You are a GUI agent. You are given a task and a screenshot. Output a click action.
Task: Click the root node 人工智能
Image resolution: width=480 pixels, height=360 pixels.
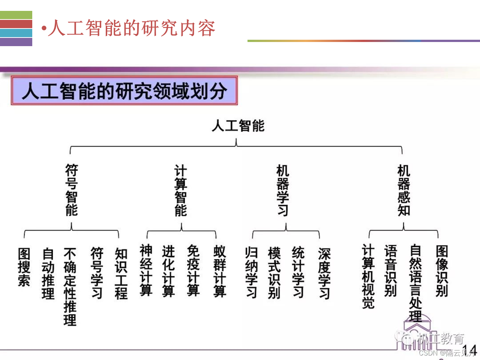[238, 126]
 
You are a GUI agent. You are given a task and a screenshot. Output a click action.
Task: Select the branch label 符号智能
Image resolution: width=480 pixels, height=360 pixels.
[71, 190]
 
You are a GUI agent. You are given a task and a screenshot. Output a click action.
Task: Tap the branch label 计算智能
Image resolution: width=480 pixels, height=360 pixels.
[181, 190]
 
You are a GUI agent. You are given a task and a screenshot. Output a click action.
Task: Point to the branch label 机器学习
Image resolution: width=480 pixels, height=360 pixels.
[283, 190]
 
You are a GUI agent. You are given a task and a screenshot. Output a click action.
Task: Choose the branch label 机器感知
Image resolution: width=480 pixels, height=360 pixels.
[404, 190]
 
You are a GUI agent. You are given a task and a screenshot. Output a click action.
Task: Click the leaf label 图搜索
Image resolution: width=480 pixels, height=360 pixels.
[24, 267]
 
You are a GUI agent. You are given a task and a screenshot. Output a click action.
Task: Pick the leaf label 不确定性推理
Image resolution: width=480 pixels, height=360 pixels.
[70, 286]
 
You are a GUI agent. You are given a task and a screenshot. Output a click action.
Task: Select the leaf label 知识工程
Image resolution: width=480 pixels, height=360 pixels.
[121, 273]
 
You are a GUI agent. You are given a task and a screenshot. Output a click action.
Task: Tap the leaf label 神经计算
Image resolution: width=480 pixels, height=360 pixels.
[146, 270]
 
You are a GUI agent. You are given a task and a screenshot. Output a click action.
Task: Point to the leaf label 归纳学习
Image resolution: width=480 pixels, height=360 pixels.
[251, 272]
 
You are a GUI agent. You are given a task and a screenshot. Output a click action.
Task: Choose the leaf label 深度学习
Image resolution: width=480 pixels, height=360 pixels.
[324, 273]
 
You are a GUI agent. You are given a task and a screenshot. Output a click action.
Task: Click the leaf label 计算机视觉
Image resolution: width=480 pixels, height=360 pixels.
[368, 276]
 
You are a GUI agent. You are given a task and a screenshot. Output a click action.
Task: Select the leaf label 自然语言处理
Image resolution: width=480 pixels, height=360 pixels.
[415, 283]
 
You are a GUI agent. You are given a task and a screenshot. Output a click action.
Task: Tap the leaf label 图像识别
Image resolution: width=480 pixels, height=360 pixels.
[442, 271]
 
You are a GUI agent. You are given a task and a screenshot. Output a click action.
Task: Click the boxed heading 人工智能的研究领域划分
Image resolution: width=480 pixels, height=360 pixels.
[124, 91]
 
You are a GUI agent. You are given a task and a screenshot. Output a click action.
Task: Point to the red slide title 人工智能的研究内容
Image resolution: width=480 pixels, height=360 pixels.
[131, 28]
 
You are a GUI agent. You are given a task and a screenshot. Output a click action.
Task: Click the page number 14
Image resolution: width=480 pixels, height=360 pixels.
[469, 350]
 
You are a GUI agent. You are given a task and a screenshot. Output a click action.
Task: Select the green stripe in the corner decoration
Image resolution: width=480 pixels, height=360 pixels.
[16, 15]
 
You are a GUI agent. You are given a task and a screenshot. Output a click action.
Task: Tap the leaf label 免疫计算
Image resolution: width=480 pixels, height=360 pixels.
[193, 270]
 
